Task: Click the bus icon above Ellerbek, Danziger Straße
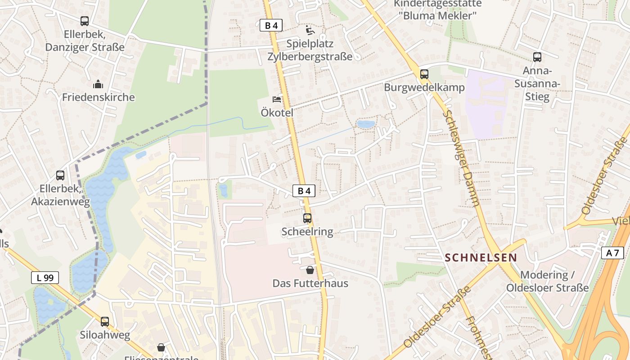(x=85, y=21)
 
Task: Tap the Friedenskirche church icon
(x=98, y=84)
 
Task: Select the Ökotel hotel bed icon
(x=277, y=99)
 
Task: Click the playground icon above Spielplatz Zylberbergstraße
(x=310, y=30)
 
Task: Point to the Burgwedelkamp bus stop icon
(x=424, y=74)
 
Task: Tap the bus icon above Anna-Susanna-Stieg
(x=537, y=57)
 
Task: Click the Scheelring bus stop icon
(x=307, y=218)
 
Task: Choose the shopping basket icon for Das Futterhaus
(x=310, y=270)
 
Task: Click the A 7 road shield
(x=612, y=253)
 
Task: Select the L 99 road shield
(x=45, y=278)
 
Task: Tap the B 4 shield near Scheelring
(x=304, y=191)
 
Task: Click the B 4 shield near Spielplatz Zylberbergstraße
(x=271, y=25)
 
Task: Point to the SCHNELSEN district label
(x=481, y=258)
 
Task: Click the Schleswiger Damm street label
(x=461, y=157)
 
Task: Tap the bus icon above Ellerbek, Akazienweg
(x=60, y=175)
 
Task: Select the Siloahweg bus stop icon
(x=105, y=321)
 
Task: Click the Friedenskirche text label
(x=98, y=97)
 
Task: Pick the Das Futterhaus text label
(x=310, y=283)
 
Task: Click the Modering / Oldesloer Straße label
(x=547, y=281)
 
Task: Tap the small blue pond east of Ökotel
(x=365, y=124)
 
